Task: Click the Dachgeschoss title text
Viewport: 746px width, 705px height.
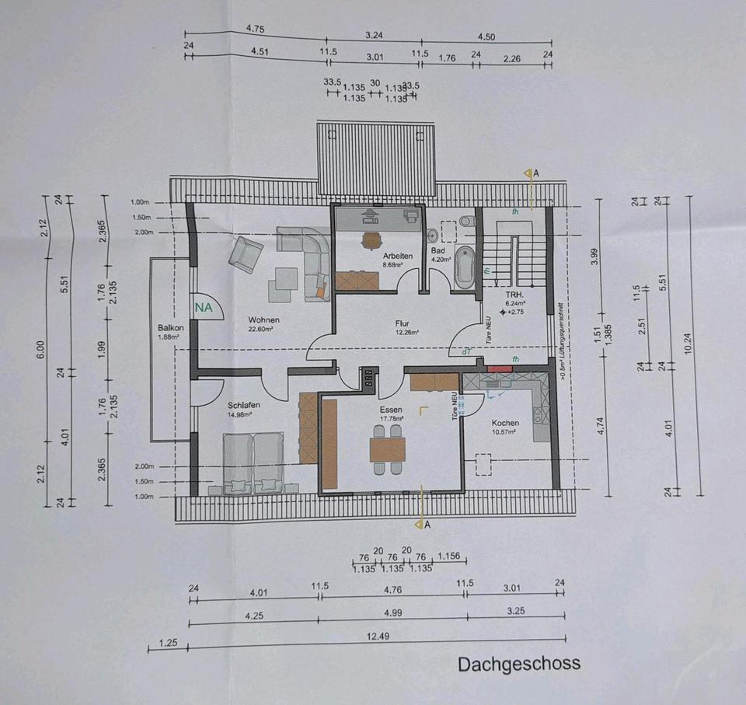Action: click(x=518, y=665)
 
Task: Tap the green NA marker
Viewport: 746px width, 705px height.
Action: click(x=204, y=308)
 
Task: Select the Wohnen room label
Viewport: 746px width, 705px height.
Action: click(x=263, y=319)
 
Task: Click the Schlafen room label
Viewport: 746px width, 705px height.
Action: click(x=243, y=405)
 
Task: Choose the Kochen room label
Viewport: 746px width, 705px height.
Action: click(x=505, y=423)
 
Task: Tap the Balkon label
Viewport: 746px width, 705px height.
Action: click(x=169, y=328)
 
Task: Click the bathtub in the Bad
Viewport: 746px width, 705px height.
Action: click(x=464, y=267)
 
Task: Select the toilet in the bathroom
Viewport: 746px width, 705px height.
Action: click(x=466, y=222)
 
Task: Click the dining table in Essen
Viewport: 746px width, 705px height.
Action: click(x=388, y=449)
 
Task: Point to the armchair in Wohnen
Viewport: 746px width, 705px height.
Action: click(x=246, y=254)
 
